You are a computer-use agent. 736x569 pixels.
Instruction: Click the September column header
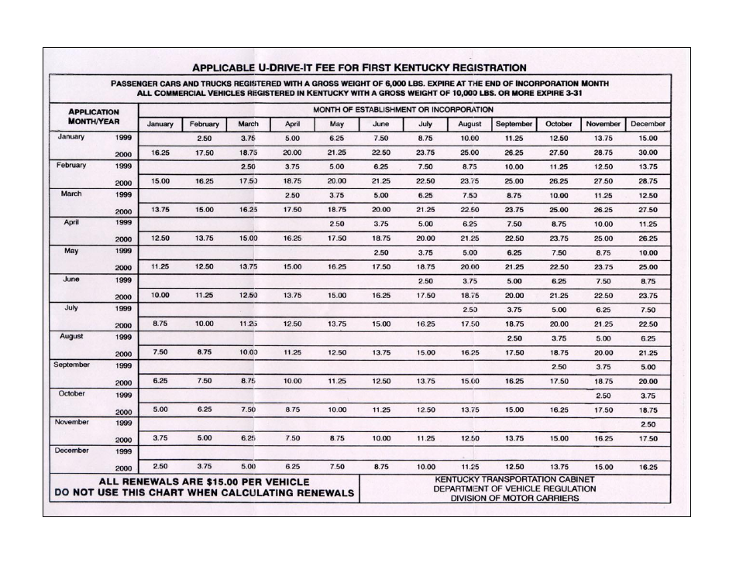coord(514,124)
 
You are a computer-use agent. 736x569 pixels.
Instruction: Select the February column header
coord(204,124)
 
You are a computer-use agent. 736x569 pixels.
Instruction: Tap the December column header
coord(648,124)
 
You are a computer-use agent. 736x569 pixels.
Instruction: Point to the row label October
coord(71,393)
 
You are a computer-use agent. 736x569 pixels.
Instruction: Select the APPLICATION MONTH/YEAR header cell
coord(93,117)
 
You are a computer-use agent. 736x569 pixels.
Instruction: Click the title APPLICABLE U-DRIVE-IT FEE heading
coord(359,67)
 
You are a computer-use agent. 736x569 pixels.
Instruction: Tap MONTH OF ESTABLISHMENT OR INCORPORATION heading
coord(403,110)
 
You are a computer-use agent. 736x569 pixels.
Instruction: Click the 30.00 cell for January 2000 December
coord(648,153)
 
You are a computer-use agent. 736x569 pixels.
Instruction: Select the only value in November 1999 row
coord(648,424)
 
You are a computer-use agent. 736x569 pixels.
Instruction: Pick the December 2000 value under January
coord(160,467)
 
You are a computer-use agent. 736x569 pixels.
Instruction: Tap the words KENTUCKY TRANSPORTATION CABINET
coord(514,479)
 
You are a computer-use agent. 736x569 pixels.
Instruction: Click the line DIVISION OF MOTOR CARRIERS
coord(514,499)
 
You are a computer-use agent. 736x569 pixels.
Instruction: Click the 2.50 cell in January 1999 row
coord(204,138)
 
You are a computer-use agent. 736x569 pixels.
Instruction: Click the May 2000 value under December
coord(648,267)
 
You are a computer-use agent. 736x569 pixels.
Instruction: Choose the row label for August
coord(71,337)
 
